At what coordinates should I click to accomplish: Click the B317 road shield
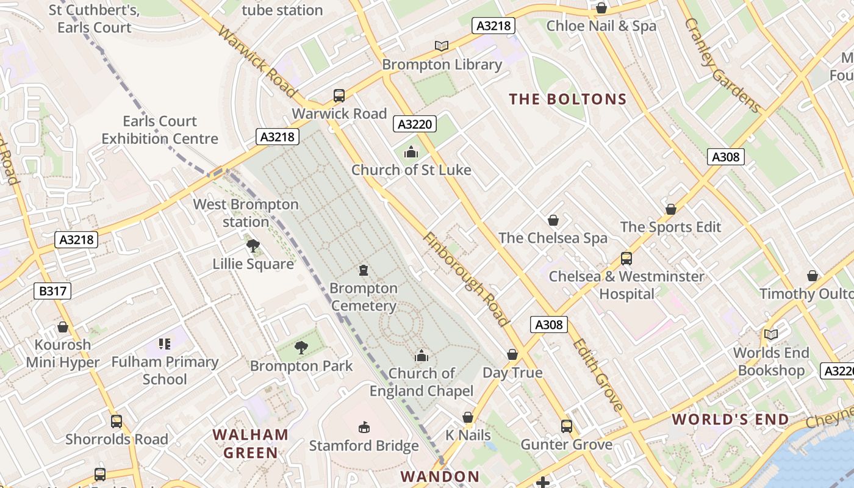[x=52, y=292]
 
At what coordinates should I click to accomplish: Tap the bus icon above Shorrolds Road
[x=117, y=421]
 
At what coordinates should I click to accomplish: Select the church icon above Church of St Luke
[x=412, y=152]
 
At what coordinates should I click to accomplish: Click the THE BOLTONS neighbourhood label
[x=568, y=99]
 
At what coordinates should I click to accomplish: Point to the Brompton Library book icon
[x=442, y=46]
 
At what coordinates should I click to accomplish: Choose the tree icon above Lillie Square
[x=253, y=246]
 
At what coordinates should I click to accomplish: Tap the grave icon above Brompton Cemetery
[x=364, y=270]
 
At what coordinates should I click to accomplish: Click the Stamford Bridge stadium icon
[x=364, y=427]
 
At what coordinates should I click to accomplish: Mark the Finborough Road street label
[x=465, y=279]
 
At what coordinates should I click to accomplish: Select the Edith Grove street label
[x=598, y=375]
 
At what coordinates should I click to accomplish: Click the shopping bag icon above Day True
[x=512, y=354]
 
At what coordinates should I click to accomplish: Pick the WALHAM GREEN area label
[x=250, y=443]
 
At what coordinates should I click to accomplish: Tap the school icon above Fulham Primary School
[x=164, y=344]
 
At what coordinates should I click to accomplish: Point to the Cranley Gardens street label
[x=723, y=65]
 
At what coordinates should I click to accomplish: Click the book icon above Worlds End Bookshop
[x=771, y=334]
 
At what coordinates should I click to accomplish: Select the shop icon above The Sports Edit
[x=671, y=209]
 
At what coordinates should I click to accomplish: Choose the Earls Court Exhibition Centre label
[x=160, y=130]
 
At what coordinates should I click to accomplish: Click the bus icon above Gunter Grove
[x=567, y=426]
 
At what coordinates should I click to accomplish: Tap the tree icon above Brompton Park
[x=301, y=348]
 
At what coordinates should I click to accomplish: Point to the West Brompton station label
[x=246, y=213]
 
